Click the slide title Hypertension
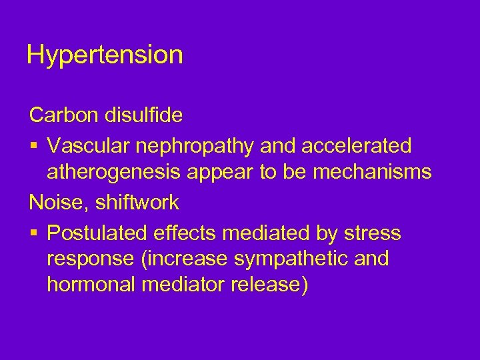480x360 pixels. tap(105, 55)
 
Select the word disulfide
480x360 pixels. tap(143, 115)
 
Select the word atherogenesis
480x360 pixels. tap(115, 173)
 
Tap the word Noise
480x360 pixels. tap(55, 202)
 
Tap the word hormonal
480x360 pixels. tap(90, 285)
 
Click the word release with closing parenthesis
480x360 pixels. tap(270, 285)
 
